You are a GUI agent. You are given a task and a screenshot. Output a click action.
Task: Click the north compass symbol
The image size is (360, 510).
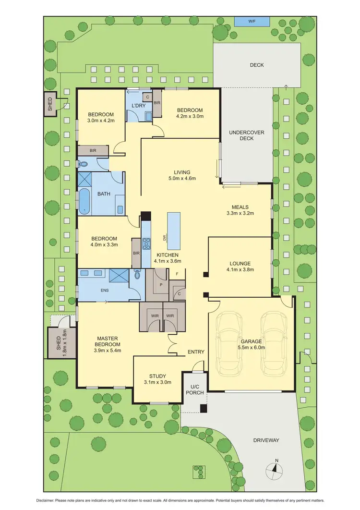(276, 468)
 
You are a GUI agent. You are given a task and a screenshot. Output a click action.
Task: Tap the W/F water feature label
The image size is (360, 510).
(252, 22)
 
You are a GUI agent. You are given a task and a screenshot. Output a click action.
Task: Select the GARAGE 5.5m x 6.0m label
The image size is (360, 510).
(252, 344)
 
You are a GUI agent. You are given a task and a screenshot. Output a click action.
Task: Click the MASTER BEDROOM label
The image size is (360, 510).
(107, 344)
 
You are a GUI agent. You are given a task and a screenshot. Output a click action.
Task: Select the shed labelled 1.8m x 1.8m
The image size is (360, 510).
(61, 342)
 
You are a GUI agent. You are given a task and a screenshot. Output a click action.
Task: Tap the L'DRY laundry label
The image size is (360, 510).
(139, 105)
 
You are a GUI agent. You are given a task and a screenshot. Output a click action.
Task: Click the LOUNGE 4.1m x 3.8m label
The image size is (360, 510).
(240, 266)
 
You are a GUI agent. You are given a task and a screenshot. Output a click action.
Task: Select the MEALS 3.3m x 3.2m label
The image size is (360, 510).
(240, 210)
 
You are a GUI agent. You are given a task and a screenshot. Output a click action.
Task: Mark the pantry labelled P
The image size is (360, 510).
(155, 284)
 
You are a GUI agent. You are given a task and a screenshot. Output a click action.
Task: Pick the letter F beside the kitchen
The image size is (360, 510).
(178, 274)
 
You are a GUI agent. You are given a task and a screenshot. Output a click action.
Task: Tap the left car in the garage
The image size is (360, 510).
(229, 343)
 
